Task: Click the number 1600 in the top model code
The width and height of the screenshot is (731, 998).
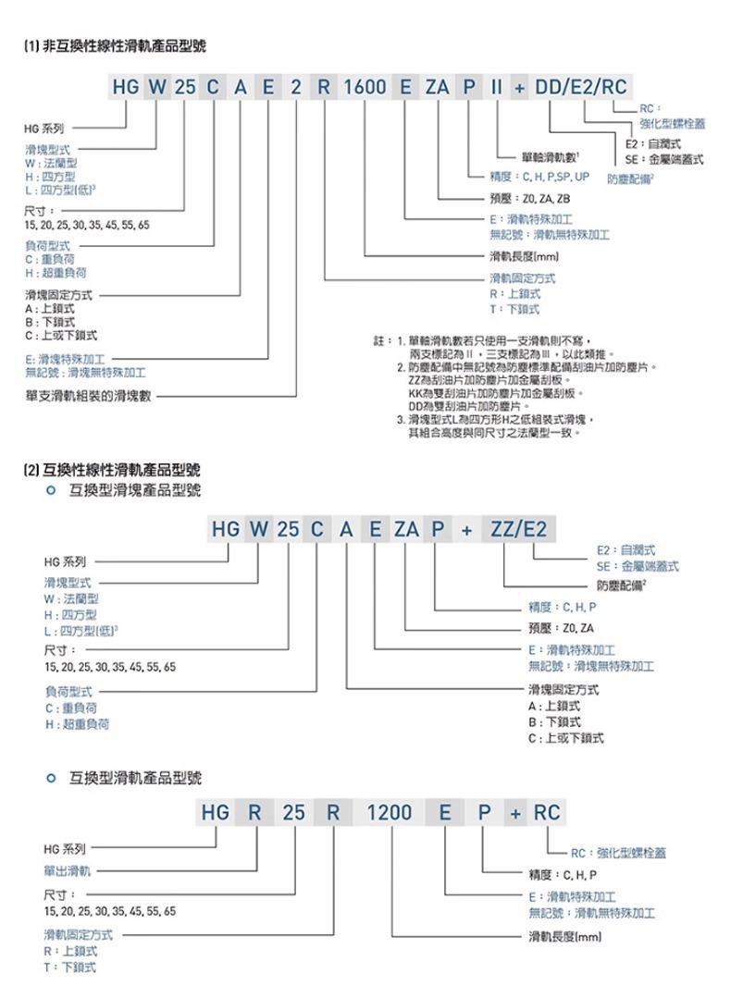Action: tap(365, 89)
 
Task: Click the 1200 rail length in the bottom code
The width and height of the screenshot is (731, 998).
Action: tap(390, 813)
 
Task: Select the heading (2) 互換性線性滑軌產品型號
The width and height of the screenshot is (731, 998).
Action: tap(114, 470)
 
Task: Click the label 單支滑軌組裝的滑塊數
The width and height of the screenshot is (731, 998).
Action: tap(89, 396)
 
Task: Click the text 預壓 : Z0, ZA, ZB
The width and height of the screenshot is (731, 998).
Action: tap(530, 198)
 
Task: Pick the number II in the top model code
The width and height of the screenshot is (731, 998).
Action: tap(496, 89)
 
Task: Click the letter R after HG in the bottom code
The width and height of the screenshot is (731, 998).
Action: tap(254, 813)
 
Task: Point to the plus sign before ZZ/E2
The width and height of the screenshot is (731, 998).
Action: tap(467, 530)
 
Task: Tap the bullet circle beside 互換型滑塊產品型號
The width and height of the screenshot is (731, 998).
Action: tap(52, 490)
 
